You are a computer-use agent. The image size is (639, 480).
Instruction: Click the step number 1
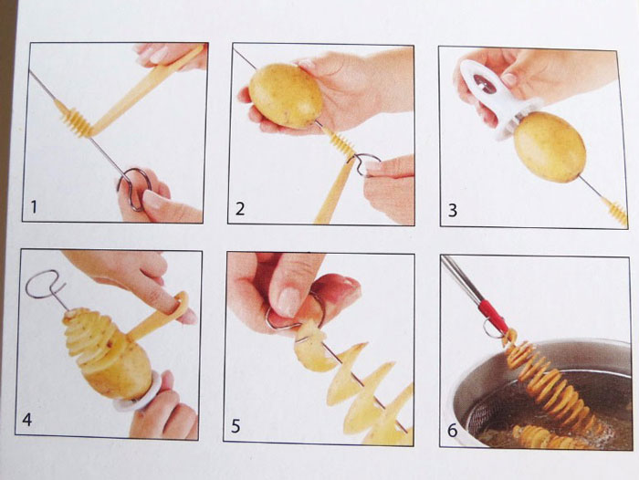[34, 207]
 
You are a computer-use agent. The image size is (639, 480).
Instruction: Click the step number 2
[240, 209]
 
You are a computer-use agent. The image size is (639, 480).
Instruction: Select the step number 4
[27, 420]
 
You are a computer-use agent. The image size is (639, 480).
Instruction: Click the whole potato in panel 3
[549, 146]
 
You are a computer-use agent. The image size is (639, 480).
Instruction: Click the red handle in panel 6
[493, 316]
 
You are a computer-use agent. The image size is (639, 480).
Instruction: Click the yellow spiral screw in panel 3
[616, 211]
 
